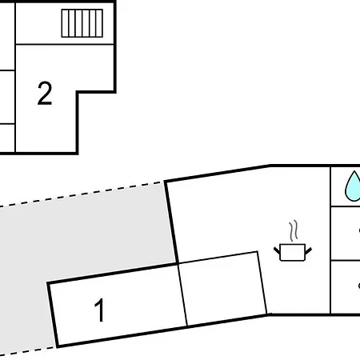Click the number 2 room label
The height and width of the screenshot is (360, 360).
[45, 93]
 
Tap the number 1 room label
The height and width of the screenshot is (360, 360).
[99, 310]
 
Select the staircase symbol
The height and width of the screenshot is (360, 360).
[82, 23]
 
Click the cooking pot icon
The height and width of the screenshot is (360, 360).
[293, 252]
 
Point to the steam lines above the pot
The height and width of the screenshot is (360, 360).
[294, 231]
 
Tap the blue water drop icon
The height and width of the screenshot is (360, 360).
[353, 186]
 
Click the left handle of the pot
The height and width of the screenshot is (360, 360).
[277, 250]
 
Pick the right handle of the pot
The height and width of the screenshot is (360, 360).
[308, 250]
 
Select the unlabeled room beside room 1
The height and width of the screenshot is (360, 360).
[222, 289]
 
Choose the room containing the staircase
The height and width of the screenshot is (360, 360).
[65, 23]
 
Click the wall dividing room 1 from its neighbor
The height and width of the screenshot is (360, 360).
[182, 294]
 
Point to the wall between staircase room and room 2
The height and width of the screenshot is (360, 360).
[65, 44]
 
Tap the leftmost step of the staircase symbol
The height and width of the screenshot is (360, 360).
[65, 23]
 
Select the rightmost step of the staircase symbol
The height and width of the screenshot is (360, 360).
[99, 23]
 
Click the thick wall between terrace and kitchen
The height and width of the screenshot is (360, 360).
[171, 222]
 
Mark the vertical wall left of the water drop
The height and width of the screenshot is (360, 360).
[330, 240]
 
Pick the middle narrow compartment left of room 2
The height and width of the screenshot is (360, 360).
[7, 98]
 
